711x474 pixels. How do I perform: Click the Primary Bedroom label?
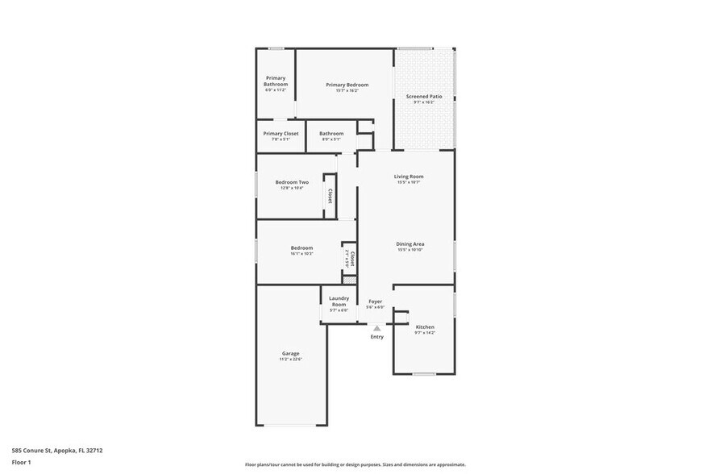pos(347,85)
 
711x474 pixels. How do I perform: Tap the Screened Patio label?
pos(423,96)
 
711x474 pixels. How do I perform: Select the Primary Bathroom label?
pos(275,81)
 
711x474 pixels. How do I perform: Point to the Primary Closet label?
pos(281,133)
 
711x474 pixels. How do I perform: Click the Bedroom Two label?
pos(291,182)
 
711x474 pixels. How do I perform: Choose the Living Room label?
pos(409,177)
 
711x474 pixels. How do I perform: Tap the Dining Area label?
pos(410,243)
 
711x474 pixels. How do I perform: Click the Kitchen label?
pos(424,327)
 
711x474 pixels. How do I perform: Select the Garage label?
pos(290,353)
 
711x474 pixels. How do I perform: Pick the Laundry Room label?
pos(339,301)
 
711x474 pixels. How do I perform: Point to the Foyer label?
pos(375,301)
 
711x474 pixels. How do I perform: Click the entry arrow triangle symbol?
pos(376,328)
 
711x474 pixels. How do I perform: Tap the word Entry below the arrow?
pos(376,337)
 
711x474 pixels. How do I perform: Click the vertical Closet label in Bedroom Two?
pos(330,196)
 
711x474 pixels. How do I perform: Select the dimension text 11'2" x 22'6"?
pos(290,360)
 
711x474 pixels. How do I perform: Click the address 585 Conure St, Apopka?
pos(56,451)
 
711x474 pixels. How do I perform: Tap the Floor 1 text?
pos(21,462)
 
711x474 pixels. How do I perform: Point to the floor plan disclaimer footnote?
pos(355,464)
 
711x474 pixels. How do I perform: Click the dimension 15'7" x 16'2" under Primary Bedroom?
pos(347,90)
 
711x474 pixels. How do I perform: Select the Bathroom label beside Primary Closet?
pos(331,133)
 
